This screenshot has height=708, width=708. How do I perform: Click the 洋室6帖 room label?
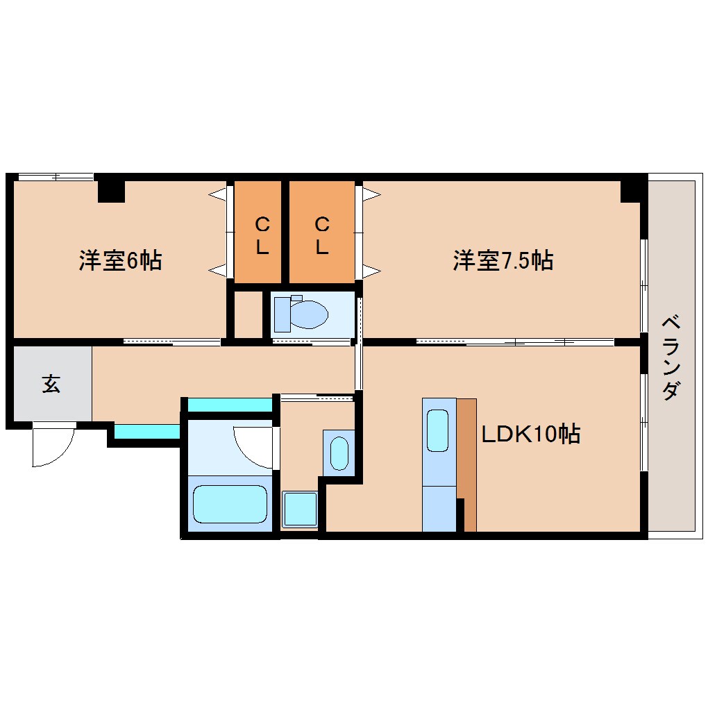tap(120, 261)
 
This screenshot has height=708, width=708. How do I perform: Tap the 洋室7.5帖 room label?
tap(503, 261)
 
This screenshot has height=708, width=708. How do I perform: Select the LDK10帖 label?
tap(531, 435)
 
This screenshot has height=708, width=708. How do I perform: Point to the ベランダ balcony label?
tap(670, 358)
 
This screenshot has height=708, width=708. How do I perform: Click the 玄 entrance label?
tap(51, 384)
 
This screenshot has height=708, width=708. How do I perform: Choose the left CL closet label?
tap(262, 235)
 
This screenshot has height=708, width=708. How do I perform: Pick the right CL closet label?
tap(321, 235)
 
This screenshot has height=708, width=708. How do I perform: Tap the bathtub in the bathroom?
tap(230, 503)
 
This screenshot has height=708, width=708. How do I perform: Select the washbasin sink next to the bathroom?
tap(339, 453)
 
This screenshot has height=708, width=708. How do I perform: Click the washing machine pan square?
tap(300, 509)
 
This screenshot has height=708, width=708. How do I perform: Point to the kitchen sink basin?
tap(438, 430)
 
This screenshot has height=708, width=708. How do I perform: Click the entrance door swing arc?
tap(54, 446)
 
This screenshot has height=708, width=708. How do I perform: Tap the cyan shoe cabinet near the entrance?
tap(146, 432)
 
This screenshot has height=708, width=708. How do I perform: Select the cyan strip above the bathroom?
tap(230, 405)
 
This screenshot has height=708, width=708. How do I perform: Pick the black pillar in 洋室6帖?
tap(111, 190)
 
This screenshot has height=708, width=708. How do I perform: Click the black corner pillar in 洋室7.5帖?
tap(632, 190)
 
